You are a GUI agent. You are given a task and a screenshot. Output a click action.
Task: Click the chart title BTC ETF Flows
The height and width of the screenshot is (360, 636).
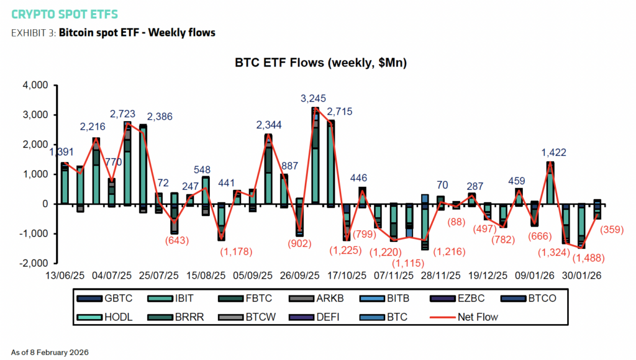(320, 63)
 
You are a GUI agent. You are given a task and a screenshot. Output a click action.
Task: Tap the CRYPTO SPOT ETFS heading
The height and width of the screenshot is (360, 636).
(64, 14)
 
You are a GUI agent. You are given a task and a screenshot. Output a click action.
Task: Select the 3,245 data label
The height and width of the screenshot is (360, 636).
(313, 98)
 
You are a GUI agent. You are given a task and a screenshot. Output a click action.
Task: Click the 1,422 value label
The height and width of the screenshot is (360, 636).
(553, 152)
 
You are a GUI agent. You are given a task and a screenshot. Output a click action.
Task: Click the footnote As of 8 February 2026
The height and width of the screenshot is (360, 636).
(50, 352)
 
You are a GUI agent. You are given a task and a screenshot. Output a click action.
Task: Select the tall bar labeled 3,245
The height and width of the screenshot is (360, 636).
(316, 155)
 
